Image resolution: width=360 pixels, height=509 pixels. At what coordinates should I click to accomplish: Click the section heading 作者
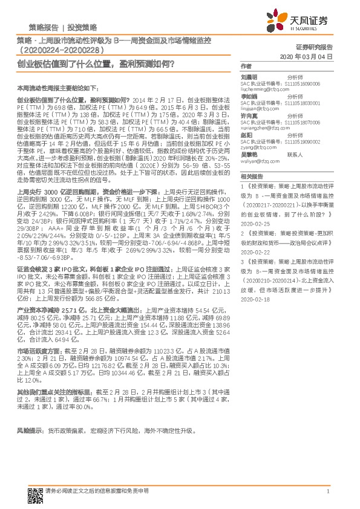point(245,66)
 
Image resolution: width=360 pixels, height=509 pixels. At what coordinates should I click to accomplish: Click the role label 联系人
point(295,155)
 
